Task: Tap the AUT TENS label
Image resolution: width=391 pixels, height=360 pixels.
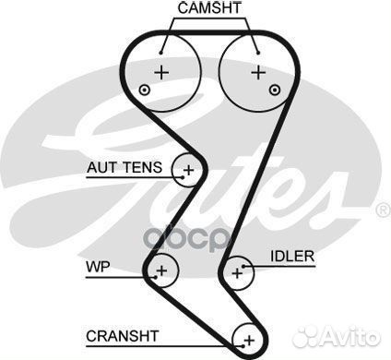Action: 124,168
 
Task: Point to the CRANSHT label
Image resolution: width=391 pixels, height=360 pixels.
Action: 122,334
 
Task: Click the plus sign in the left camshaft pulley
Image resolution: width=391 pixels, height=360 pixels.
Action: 162,70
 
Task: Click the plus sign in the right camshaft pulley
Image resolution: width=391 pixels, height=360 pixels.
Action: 257,70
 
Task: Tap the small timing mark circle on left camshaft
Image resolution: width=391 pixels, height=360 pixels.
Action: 144,90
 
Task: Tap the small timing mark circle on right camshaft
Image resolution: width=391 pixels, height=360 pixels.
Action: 275,90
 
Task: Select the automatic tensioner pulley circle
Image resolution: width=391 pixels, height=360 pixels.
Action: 189,169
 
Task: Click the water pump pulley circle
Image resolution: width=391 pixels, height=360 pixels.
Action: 161,270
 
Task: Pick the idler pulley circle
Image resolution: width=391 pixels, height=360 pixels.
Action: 238,271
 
